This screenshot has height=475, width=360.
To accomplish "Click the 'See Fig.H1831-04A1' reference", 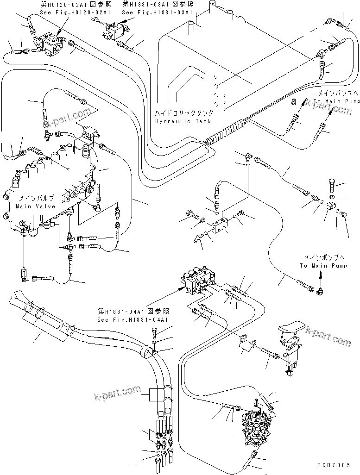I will pyautogui.click(x=133, y=319).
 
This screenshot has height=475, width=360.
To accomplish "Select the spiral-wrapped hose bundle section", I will pyautogui.click(x=225, y=131).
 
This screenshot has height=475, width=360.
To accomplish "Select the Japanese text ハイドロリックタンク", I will pyautogui.click(x=184, y=113).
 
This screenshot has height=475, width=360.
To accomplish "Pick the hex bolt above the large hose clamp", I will pyautogui.click(x=154, y=331).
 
